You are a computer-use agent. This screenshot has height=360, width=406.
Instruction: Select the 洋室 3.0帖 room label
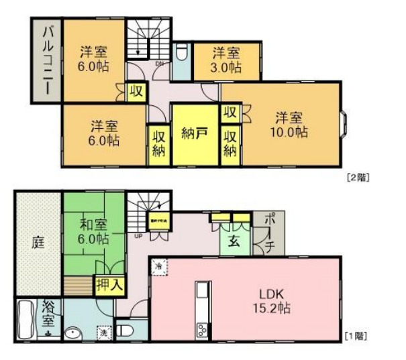[227, 60]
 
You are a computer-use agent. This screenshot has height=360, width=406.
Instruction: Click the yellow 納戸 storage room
[194, 133]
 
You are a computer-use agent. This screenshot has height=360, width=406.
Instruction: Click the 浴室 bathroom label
[48, 314]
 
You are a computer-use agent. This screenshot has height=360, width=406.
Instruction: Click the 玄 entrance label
[236, 241]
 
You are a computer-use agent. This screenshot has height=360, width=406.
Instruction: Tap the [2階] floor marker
[358, 178]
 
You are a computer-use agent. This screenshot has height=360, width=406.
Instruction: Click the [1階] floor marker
[355, 334]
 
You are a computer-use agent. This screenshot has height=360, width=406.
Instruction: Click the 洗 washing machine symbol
[104, 332]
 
